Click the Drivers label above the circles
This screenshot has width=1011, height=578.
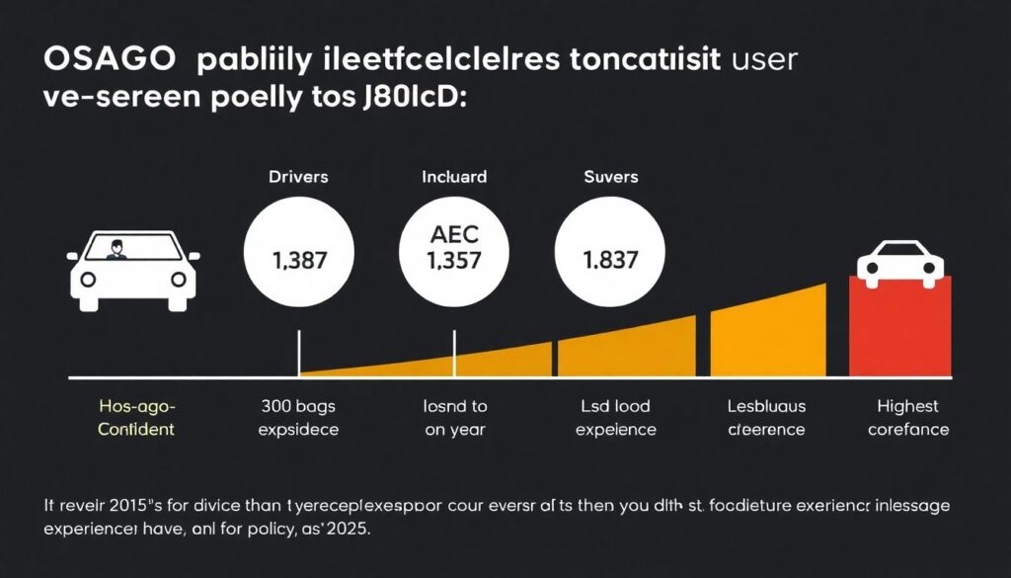[298, 178]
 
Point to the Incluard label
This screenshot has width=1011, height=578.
[453, 178]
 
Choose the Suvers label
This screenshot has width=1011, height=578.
[610, 178]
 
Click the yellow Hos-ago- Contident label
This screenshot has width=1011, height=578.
[136, 418]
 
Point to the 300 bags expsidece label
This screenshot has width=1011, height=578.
[297, 418]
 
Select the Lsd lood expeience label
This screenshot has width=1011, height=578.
[615, 418]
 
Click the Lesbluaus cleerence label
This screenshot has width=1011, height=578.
[765, 418]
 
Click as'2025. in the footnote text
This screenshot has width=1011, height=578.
[343, 530]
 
